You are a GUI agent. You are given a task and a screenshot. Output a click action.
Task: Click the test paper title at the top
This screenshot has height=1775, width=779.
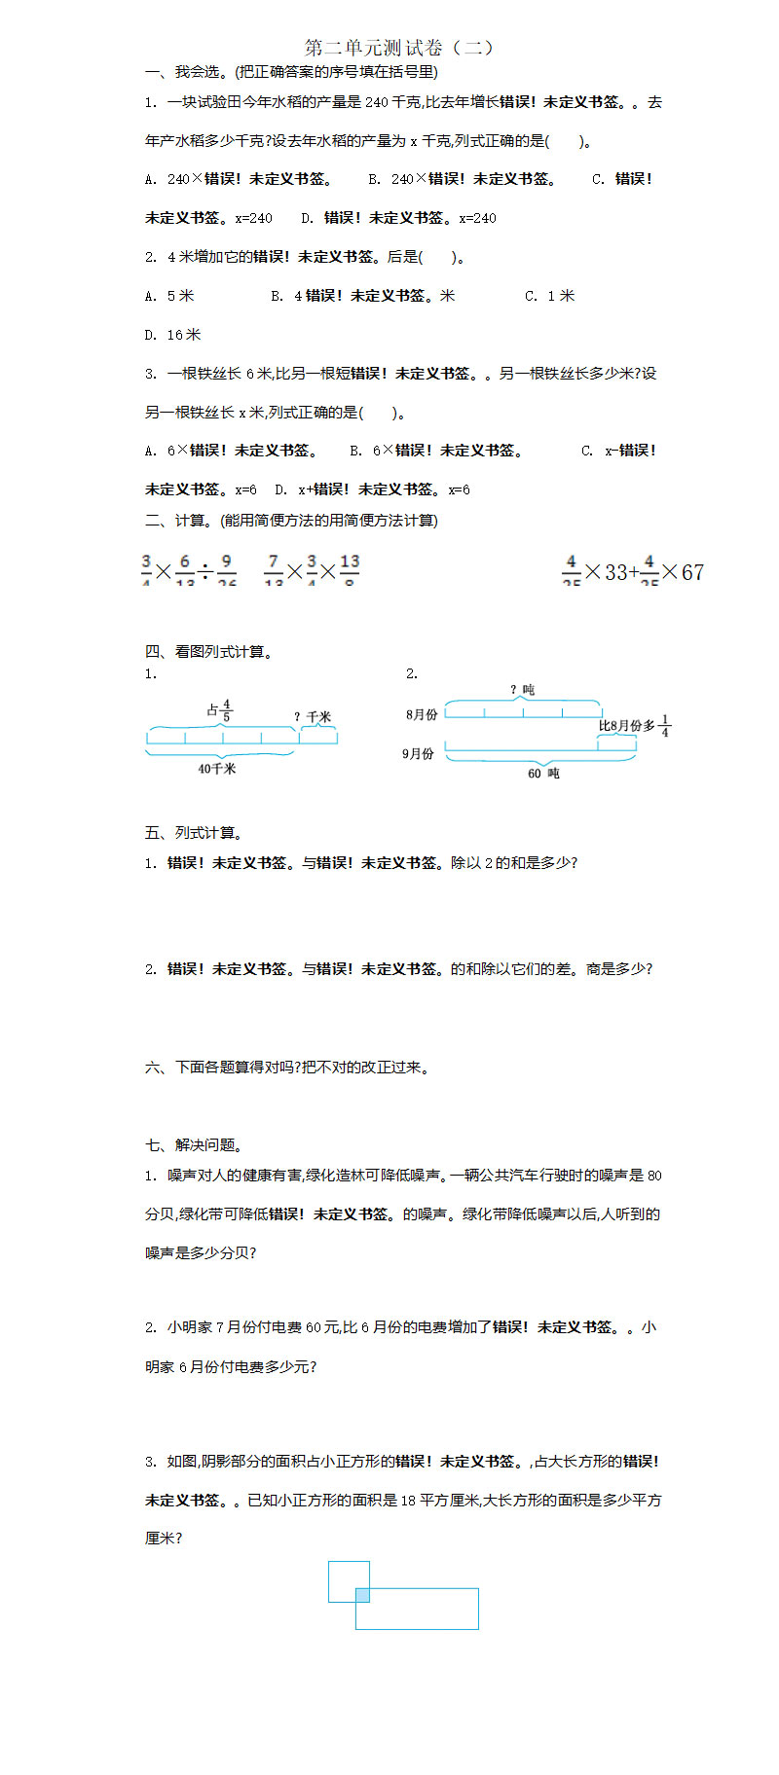coord(399,48)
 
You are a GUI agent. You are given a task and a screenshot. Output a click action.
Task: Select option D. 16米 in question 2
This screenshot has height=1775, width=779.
coord(173,335)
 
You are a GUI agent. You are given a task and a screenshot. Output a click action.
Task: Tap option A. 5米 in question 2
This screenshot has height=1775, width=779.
coord(169,296)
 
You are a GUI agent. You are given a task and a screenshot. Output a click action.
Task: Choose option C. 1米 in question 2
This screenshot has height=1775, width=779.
coord(550,296)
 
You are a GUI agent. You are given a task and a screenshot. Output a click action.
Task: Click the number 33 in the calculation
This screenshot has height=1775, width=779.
coord(615,572)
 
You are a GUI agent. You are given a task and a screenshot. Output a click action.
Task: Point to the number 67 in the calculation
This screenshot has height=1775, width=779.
coord(692,572)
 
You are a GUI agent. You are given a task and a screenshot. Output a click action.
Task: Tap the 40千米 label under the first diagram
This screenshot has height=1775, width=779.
coord(216,769)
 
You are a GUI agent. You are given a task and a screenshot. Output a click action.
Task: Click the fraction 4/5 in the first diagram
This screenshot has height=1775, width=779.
coord(227,709)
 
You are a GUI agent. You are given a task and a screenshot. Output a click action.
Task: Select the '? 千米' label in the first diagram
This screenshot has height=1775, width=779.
coord(313,717)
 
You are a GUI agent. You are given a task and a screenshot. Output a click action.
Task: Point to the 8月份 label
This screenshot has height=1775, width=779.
coord(422,714)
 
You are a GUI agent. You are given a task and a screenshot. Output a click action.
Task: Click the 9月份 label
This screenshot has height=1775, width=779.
coord(419,753)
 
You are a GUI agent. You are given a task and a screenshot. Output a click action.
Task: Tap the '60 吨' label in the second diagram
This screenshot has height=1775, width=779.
coord(543,774)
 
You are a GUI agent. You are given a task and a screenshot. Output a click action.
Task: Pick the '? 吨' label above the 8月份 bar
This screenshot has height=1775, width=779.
coord(522,690)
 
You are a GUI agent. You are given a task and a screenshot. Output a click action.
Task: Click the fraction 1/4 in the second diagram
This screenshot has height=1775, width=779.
coord(665,726)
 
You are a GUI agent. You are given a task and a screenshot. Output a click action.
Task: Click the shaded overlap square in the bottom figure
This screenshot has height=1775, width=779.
coord(362,1595)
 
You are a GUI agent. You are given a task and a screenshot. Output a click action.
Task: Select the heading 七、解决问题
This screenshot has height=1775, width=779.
coord(194,1145)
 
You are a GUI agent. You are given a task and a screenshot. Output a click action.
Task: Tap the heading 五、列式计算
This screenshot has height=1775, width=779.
coord(194,833)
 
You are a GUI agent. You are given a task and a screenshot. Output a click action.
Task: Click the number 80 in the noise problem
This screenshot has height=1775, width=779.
coord(654,1176)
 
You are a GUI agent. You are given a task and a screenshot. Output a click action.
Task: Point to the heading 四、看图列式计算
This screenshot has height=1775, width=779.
coord(208,652)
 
